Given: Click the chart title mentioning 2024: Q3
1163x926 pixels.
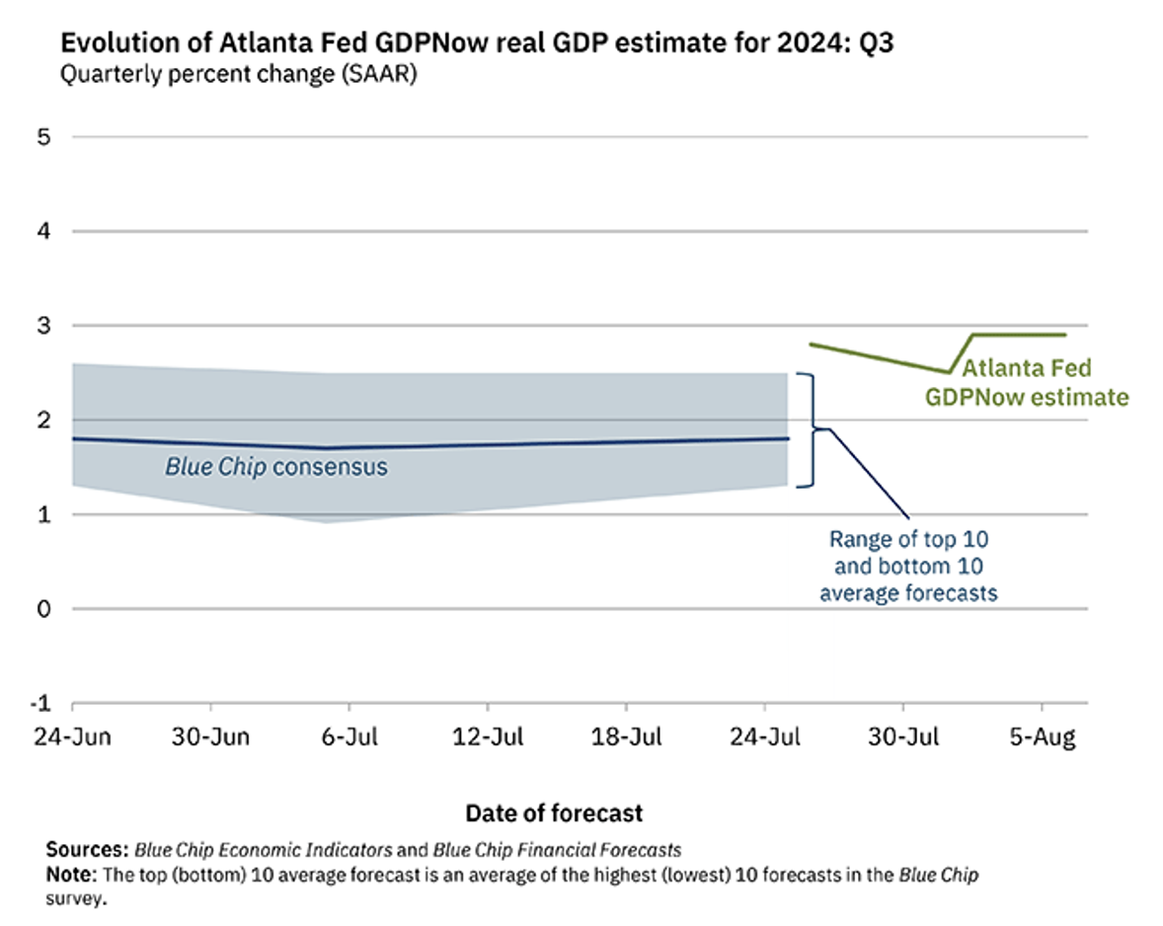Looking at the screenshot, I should point(478,44).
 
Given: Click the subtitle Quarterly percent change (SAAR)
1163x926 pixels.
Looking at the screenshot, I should point(239,75).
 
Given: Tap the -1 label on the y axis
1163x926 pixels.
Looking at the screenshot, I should point(39,703).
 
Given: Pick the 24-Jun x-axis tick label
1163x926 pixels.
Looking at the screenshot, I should point(72,738).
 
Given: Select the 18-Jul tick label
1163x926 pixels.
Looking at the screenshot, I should point(626,738).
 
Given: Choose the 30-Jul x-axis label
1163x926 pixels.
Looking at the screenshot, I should point(903,738).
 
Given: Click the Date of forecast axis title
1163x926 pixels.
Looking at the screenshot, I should point(554,812).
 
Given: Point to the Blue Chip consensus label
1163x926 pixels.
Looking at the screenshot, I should point(275,466).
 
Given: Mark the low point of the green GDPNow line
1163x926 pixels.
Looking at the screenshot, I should point(949,372).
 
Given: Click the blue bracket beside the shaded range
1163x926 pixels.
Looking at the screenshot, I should point(810,429).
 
